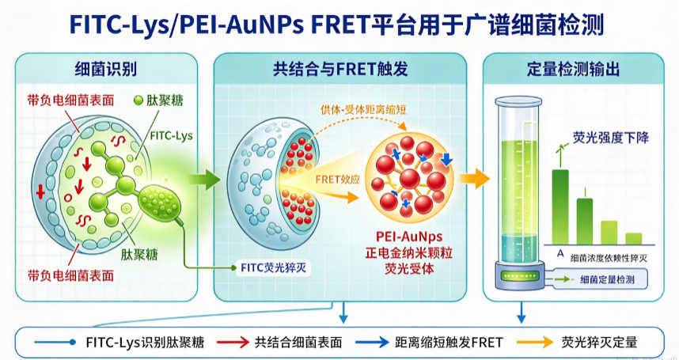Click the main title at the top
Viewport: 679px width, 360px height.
(336, 25)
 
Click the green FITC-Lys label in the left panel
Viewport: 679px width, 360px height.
(172, 136)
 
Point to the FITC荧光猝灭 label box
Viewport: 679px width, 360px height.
(273, 268)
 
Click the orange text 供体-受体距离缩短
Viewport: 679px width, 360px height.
(363, 110)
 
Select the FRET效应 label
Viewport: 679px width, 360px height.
(338, 179)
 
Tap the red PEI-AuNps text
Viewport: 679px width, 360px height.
(409, 237)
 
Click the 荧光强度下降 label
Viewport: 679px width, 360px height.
(611, 138)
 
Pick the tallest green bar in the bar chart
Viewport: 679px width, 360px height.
(560, 207)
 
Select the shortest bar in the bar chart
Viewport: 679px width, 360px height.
(634, 239)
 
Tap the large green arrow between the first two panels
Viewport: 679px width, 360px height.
(205, 179)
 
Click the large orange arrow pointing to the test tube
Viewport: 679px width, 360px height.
(475, 178)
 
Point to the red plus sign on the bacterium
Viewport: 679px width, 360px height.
(40, 191)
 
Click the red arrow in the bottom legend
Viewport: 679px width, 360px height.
(233, 343)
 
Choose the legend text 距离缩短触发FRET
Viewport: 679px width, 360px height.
(449, 343)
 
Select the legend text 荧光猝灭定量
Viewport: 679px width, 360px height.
(599, 343)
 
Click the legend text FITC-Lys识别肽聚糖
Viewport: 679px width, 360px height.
(145, 343)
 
